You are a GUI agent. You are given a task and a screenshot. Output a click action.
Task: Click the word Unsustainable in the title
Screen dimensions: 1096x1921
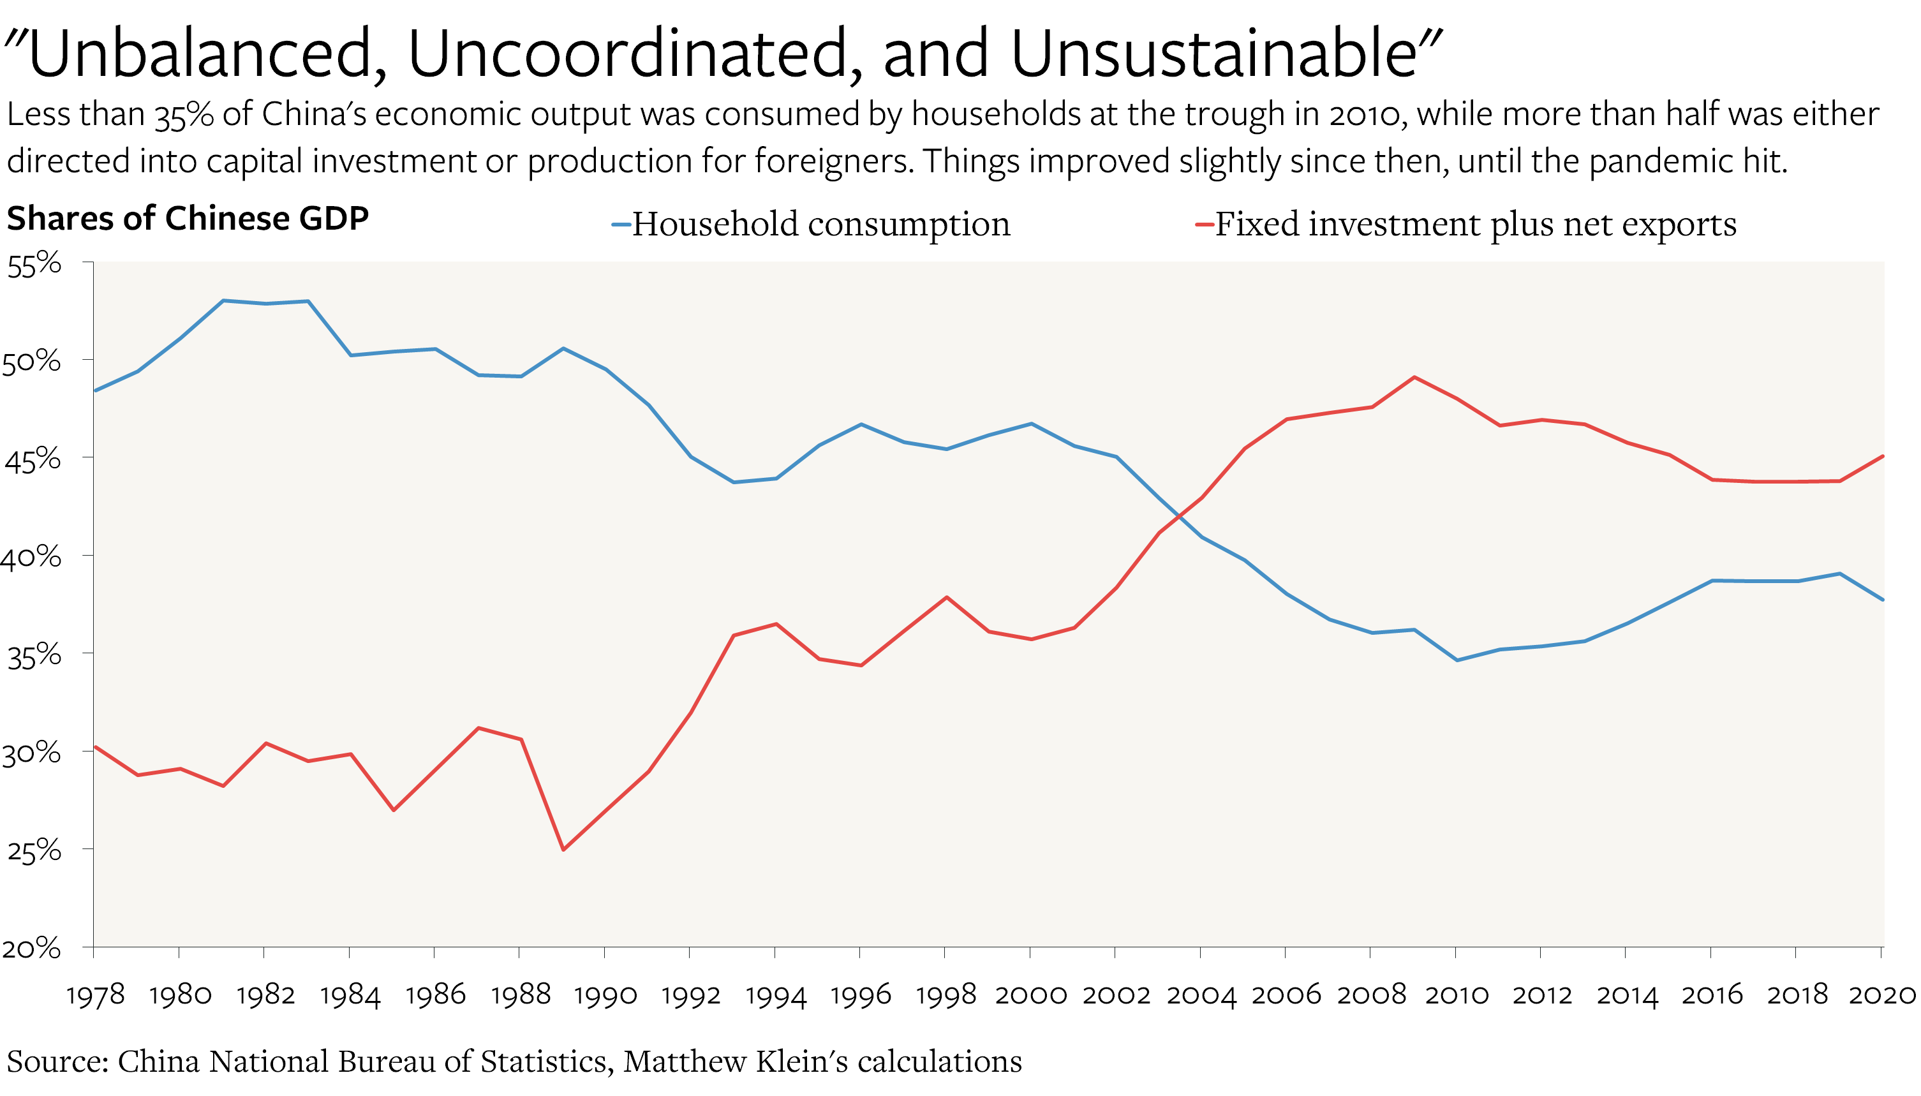click(1213, 54)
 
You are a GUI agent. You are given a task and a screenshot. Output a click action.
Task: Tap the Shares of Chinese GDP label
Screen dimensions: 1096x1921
click(188, 219)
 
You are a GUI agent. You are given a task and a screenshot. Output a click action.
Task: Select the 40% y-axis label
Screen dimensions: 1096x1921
click(32, 558)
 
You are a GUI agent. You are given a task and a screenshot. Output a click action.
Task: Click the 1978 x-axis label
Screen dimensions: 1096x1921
click(95, 995)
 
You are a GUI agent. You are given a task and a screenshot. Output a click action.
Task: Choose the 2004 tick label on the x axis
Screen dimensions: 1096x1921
click(1201, 995)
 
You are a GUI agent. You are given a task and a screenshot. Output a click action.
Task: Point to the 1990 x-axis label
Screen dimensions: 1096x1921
click(605, 995)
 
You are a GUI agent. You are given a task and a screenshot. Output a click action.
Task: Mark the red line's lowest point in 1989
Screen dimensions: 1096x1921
click(563, 850)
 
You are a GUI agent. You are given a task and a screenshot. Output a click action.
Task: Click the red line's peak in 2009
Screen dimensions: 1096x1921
click(1414, 377)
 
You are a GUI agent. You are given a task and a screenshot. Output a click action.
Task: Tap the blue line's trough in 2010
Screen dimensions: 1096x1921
click(1457, 660)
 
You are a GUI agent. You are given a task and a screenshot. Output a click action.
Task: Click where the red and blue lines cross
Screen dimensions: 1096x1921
click(1179, 516)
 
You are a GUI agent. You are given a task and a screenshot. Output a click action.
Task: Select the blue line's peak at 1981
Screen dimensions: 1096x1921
click(223, 300)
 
